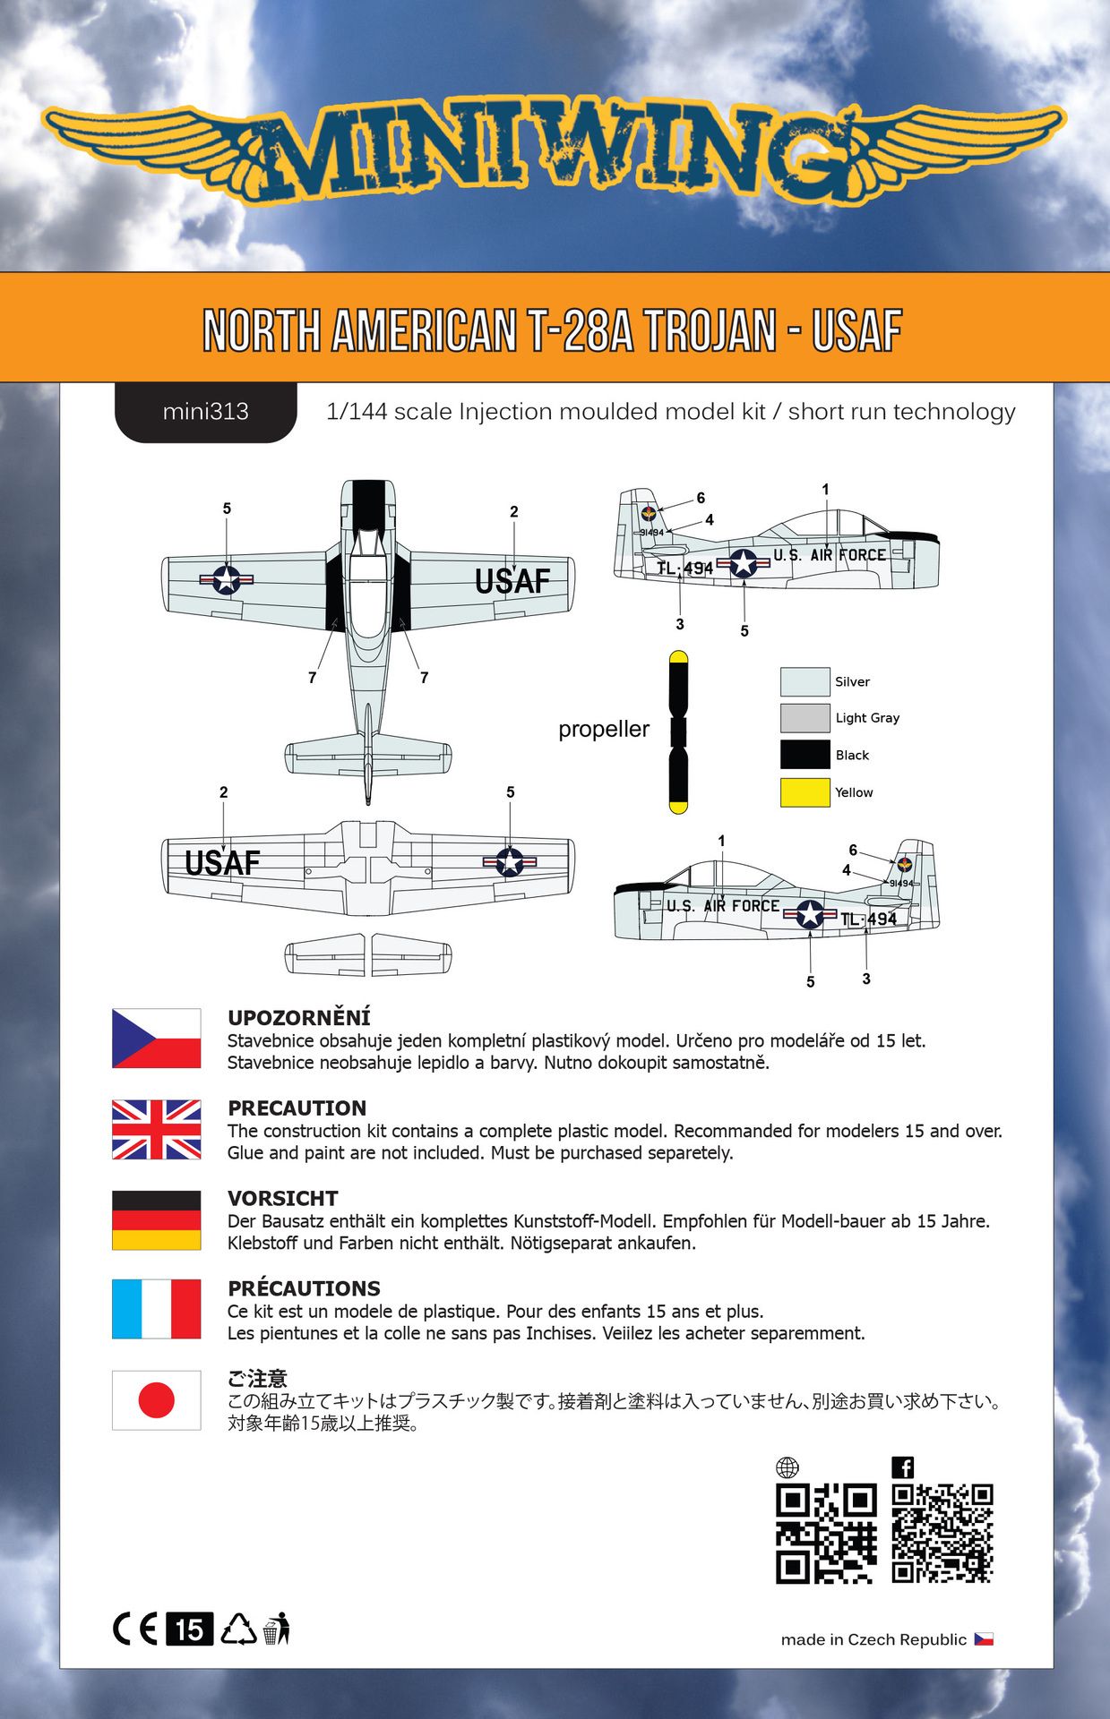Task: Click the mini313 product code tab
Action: [x=205, y=412]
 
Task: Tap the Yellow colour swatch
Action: [x=805, y=792]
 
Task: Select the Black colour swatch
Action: [x=805, y=755]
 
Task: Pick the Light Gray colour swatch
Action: [x=805, y=718]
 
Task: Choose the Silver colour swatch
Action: [x=805, y=681]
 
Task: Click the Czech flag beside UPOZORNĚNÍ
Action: [x=156, y=1039]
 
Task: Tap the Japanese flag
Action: [x=156, y=1399]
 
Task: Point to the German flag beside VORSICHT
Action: [x=156, y=1219]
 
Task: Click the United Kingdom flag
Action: [x=156, y=1129]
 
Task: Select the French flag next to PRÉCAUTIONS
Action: [x=156, y=1309]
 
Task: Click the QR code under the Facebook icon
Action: [x=942, y=1534]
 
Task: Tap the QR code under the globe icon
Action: [x=825, y=1534]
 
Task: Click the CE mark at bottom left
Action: [x=135, y=1629]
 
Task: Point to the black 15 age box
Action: [x=189, y=1629]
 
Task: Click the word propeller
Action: [x=604, y=729]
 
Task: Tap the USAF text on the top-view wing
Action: [x=512, y=582]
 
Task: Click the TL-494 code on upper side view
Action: [x=685, y=569]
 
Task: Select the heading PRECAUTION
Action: [x=297, y=1108]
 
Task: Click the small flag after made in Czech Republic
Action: [x=984, y=1639]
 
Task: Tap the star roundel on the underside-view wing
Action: [x=510, y=862]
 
